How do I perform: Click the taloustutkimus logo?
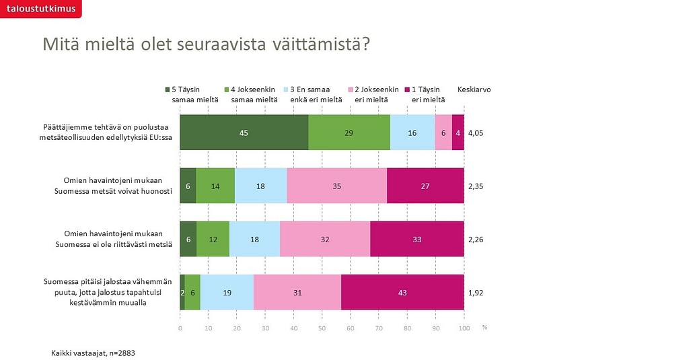(x=40, y=9)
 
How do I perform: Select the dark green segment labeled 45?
(x=244, y=133)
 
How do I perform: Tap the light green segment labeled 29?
(x=349, y=133)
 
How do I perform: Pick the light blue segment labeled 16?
(x=412, y=133)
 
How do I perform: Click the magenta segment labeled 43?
(x=402, y=293)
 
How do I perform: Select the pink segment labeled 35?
(x=337, y=186)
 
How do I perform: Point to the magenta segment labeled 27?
(x=425, y=186)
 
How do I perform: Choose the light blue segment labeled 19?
(x=227, y=293)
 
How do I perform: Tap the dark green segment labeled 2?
(x=182, y=293)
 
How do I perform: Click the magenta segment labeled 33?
(x=417, y=239)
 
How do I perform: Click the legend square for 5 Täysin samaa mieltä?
(x=168, y=89)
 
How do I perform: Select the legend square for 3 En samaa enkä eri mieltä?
(x=286, y=89)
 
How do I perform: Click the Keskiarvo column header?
(x=474, y=89)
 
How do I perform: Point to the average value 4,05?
(x=475, y=133)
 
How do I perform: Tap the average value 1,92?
(x=475, y=293)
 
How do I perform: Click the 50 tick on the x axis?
(x=322, y=328)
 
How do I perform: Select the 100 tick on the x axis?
(x=464, y=328)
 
